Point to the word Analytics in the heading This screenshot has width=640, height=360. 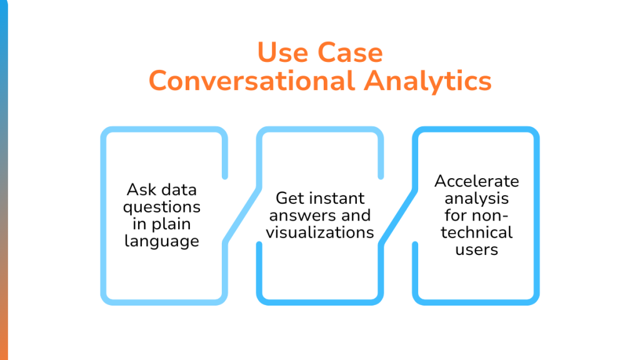pyautogui.click(x=427, y=81)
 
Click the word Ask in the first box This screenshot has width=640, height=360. pyautogui.click(x=139, y=189)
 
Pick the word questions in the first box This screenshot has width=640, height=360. pyautogui.click(x=161, y=206)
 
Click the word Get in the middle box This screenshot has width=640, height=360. pyautogui.click(x=289, y=198)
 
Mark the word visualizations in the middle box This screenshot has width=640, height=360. pyautogui.click(x=320, y=232)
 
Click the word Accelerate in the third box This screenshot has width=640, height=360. pyautogui.click(x=477, y=181)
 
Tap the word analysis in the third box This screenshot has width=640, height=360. pyautogui.click(x=477, y=198)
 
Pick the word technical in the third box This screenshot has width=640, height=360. pyautogui.click(x=477, y=232)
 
